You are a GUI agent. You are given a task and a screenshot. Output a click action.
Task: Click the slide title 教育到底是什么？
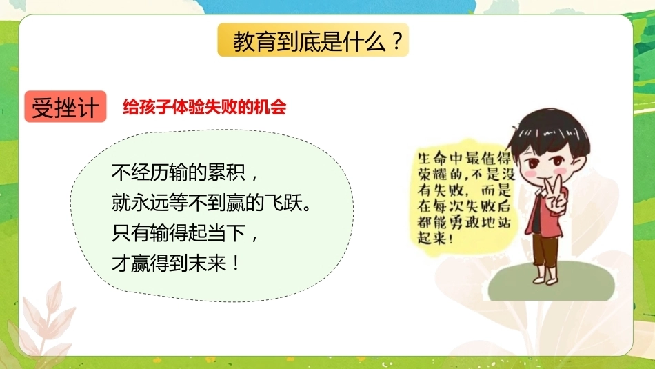[318, 41]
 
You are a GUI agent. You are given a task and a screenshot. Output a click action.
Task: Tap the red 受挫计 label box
[65, 107]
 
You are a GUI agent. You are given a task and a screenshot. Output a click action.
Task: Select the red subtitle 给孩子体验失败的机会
[204, 107]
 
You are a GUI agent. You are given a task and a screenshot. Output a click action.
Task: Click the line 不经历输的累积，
[185, 172]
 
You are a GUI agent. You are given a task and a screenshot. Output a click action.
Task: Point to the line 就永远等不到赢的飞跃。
[212, 203]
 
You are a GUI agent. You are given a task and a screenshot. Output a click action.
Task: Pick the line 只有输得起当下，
[185, 232]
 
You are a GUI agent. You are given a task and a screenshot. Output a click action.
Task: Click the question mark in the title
[398, 41]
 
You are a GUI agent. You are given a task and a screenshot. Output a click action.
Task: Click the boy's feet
[545, 277]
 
